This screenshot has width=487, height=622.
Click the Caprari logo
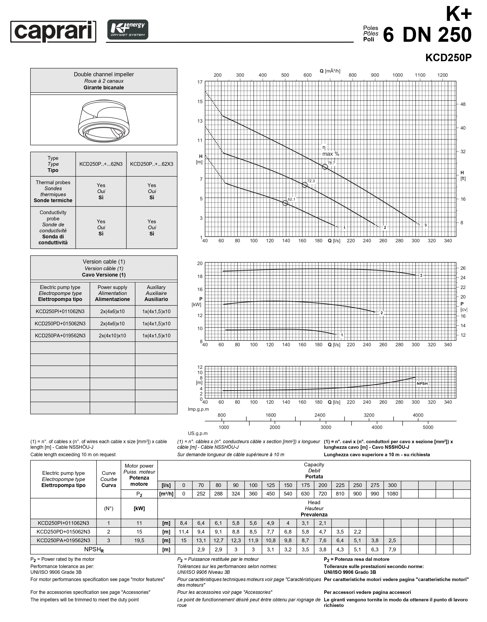tap(53, 31)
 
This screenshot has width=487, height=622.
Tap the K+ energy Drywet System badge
tap(128, 30)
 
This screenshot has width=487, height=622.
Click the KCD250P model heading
tap(448, 58)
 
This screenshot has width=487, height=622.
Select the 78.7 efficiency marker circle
tap(325, 167)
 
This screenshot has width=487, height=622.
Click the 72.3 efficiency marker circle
tap(304, 185)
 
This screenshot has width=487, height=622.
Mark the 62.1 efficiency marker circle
tap(285, 203)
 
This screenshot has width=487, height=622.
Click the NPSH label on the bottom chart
tap(422, 384)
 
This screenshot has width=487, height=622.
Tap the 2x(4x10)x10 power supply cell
tap(112, 335)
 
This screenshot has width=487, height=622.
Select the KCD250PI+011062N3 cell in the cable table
tap(60, 311)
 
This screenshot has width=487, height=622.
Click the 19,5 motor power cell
tap(139, 540)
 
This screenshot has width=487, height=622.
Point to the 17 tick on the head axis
tap(200, 82)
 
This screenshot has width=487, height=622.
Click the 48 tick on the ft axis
tap(463, 104)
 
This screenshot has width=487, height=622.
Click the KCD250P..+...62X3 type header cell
tap(152, 164)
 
